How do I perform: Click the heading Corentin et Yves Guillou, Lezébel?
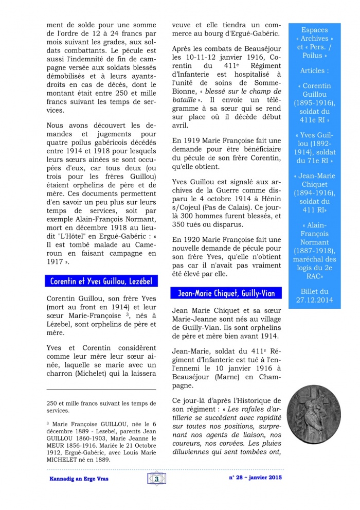(x=101, y=282)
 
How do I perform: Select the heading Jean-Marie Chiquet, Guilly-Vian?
(x=226, y=293)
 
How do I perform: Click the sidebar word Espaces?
(x=314, y=30)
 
